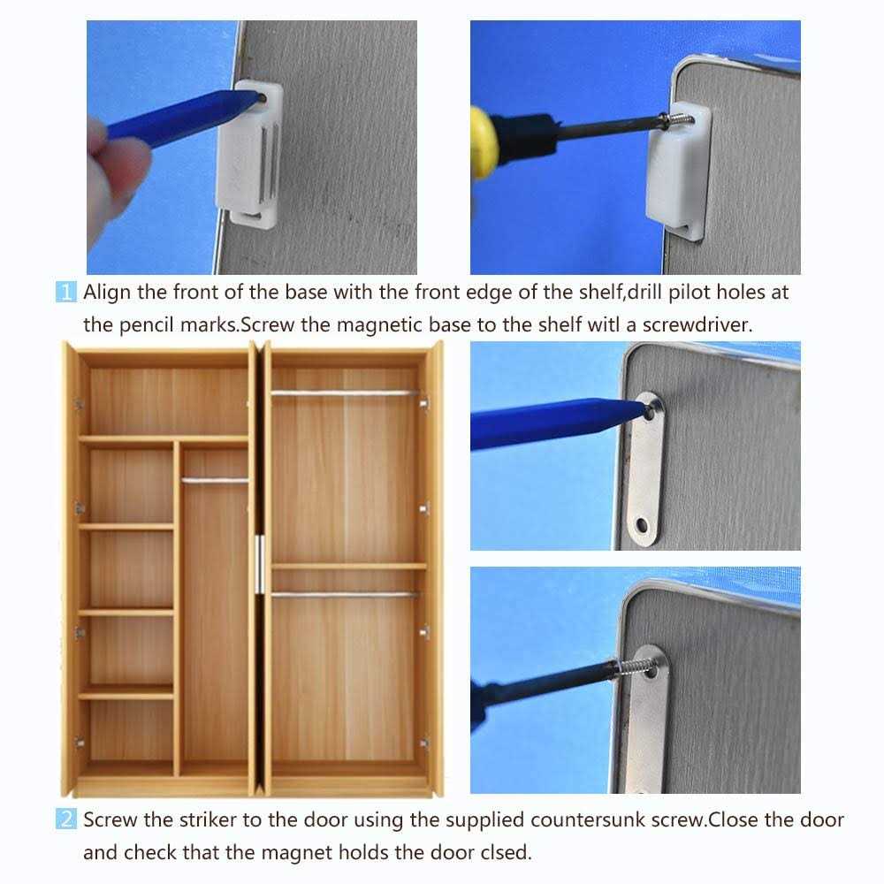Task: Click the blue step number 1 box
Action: [66, 292]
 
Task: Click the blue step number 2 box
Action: [66, 819]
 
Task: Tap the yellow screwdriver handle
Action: [484, 142]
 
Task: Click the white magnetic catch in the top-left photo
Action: [250, 153]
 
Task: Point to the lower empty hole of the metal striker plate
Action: [642, 526]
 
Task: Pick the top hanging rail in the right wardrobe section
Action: [345, 393]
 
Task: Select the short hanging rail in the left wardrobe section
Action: [215, 481]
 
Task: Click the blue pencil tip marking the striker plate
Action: [642, 408]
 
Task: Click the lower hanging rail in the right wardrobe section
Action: [345, 594]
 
